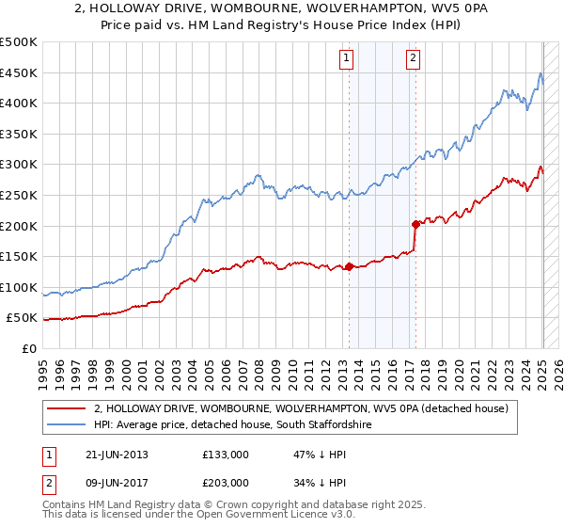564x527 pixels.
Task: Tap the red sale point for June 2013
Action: click(349, 266)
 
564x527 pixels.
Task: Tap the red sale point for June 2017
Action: click(415, 224)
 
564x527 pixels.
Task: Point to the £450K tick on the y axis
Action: click(19, 72)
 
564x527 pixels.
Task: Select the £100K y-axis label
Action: click(19, 287)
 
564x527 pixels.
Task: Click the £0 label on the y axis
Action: click(29, 348)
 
